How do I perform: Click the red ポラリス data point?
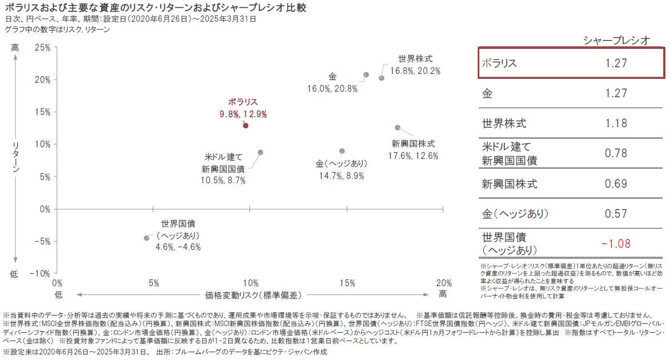click(x=246, y=126)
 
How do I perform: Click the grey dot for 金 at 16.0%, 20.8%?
click(x=366, y=74)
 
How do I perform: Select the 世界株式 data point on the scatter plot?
click(x=382, y=78)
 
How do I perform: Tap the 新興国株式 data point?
click(x=397, y=127)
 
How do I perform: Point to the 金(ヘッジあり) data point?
click(x=342, y=151)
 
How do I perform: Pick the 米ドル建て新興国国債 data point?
click(x=260, y=152)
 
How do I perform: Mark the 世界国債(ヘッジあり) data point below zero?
click(x=147, y=238)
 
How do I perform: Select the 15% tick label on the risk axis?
click(x=347, y=283)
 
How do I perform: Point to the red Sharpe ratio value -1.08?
click(x=616, y=243)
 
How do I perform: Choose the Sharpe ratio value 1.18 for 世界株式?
click(x=616, y=123)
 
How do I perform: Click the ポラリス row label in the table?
click(x=499, y=63)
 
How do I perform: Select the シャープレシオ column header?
click(x=616, y=39)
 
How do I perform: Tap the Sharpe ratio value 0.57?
click(x=616, y=213)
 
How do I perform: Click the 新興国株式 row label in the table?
click(x=509, y=184)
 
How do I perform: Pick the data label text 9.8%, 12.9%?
click(x=243, y=114)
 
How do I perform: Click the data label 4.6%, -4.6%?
click(x=178, y=247)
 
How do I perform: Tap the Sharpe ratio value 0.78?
click(x=616, y=153)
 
